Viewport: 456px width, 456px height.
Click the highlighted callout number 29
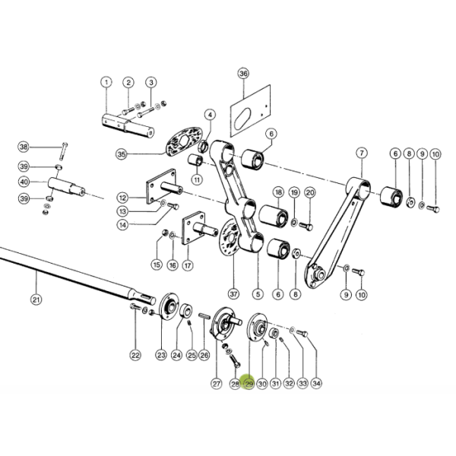249,384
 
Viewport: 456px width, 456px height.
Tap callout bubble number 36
243,73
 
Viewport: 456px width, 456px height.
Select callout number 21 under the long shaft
36,299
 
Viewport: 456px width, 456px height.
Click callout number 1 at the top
106,82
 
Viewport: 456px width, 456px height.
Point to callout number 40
24,182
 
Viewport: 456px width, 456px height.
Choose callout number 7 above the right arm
362,153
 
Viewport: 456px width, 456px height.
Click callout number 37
233,293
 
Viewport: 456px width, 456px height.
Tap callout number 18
279,192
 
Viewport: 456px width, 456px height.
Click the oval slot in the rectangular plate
242,119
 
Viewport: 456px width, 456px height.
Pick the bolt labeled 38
64,151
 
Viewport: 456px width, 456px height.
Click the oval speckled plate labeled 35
184,141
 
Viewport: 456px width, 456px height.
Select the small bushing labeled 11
195,160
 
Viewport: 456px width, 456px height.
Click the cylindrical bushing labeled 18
274,216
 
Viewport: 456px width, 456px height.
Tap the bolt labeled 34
302,334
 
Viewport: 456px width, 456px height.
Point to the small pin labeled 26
204,316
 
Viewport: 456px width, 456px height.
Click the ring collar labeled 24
185,311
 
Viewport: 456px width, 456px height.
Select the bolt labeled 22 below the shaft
135,306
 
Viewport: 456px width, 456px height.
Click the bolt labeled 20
306,226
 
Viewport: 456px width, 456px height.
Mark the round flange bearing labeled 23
169,306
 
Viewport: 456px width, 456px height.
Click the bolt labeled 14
173,206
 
